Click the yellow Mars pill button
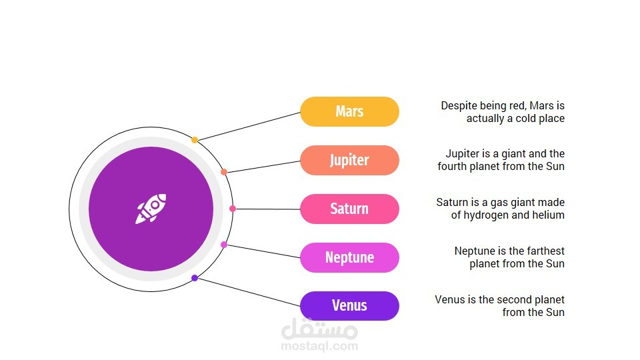(349, 111)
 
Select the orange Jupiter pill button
(349, 160)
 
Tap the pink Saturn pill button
(349, 209)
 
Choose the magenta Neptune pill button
(349, 257)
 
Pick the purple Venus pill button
(349, 306)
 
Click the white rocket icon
(151, 209)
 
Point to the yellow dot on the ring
(195, 140)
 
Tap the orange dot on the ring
(224, 172)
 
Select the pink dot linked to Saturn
(233, 209)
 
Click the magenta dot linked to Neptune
(224, 245)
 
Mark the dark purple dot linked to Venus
(195, 278)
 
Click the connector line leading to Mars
(249, 126)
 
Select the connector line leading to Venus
(249, 292)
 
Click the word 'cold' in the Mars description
(527, 119)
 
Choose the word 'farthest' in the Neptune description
(546, 251)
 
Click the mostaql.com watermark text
(319, 347)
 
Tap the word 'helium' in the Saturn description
(549, 215)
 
